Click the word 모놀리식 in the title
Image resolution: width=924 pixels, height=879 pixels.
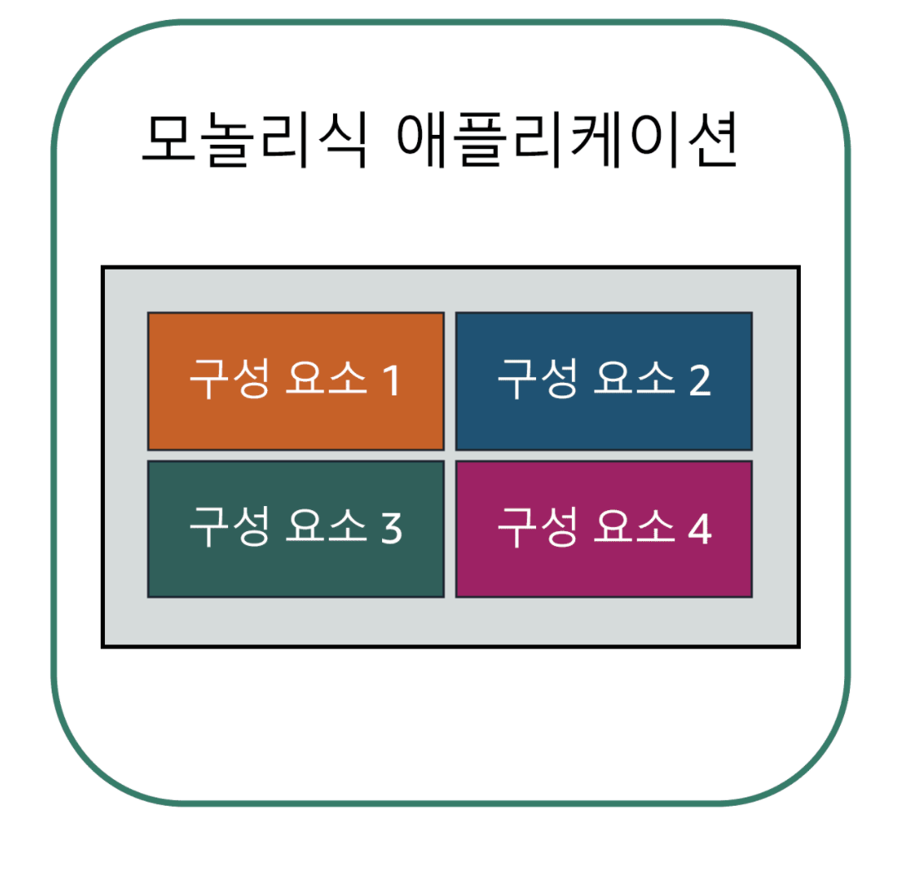point(254,142)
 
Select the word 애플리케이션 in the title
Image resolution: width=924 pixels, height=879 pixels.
point(567,142)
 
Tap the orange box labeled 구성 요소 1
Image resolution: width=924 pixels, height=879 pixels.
point(296,380)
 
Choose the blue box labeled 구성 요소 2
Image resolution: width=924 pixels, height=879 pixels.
point(604,380)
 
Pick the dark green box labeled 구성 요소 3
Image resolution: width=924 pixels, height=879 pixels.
point(296,529)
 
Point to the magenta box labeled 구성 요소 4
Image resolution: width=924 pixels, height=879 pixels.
point(604,529)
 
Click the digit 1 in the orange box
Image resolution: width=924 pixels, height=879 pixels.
point(390,381)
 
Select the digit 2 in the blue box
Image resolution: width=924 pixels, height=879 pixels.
point(700,381)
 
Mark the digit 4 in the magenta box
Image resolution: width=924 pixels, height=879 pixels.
point(700,529)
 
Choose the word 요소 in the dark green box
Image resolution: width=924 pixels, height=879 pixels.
point(325,528)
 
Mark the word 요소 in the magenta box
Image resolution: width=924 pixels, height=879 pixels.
point(634,528)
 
